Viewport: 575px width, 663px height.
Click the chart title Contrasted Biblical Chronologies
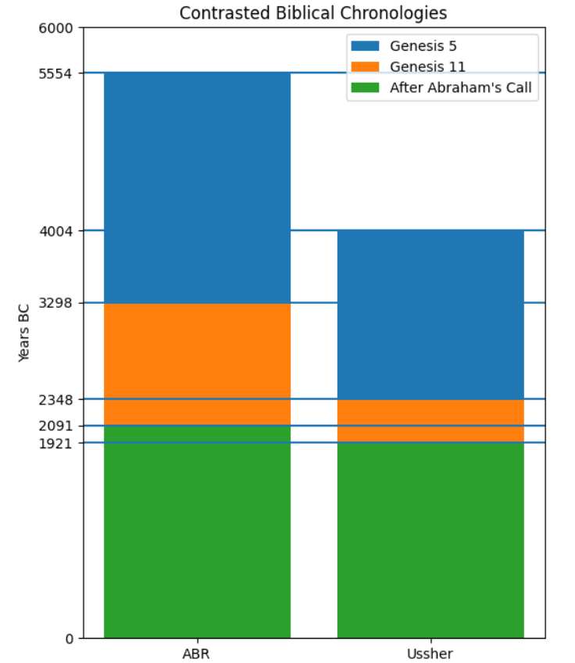coord(313,13)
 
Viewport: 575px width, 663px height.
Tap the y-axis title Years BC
coord(24,333)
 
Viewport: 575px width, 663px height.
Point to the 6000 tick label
coord(55,29)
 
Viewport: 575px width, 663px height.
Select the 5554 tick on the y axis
coord(55,73)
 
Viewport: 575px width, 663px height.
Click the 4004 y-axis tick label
coord(55,231)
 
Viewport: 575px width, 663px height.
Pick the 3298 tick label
coord(55,303)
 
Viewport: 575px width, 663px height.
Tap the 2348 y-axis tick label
coord(55,400)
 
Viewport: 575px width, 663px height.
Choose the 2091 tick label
coord(55,426)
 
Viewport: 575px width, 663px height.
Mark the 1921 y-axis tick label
coord(55,443)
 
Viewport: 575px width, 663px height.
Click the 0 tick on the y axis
coord(69,639)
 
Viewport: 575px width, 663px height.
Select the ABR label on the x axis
coord(197,654)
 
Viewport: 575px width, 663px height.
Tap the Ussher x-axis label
coord(430,654)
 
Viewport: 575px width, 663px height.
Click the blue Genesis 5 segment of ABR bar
coord(197,187)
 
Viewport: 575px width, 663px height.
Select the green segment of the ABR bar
coord(197,532)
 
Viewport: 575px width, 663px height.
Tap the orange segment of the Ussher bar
coord(430,421)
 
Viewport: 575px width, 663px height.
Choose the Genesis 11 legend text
coord(427,67)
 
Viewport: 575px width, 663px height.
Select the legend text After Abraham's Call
coord(460,87)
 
